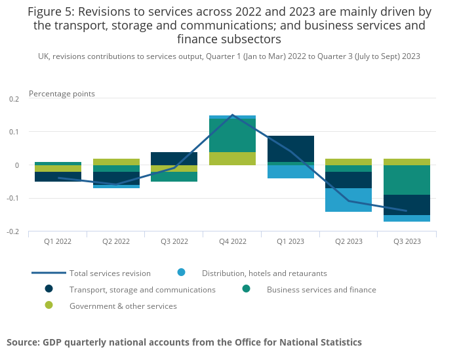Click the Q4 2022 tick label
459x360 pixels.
click(232, 241)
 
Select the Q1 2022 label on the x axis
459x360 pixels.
click(58, 241)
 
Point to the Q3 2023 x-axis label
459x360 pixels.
click(407, 241)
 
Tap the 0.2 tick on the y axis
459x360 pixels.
click(14, 98)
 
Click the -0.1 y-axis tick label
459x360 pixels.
click(13, 198)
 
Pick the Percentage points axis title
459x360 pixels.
click(62, 94)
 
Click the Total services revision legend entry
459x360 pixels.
click(110, 273)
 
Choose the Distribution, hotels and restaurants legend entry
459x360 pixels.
click(264, 273)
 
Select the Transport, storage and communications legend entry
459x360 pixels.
click(142, 290)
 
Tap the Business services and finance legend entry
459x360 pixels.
click(321, 290)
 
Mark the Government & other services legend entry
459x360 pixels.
click(123, 306)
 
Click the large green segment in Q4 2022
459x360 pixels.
click(232, 135)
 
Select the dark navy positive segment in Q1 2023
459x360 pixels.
click(290, 149)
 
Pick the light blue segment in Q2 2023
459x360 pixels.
click(349, 200)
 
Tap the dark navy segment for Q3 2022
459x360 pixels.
click(174, 158)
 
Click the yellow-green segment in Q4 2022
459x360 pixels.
click(232, 159)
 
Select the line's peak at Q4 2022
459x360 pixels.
click(232, 115)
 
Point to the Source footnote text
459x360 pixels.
click(184, 342)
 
